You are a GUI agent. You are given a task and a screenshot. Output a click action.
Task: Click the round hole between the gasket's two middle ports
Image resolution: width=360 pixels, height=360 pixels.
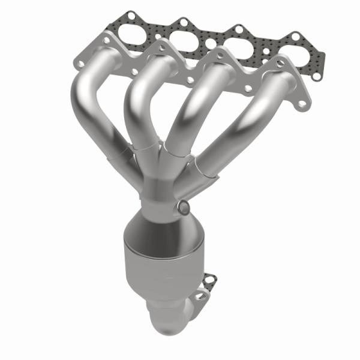209,44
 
